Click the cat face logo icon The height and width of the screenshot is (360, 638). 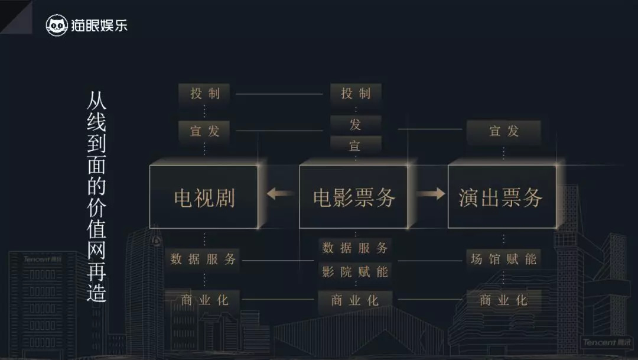tap(57, 25)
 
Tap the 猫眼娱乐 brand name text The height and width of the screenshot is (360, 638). tap(99, 25)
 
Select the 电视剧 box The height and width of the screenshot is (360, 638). tap(204, 197)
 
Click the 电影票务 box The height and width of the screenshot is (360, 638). tap(354, 197)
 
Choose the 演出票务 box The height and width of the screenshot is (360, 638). tap(502, 197)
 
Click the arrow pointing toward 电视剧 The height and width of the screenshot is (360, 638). tap(280, 193)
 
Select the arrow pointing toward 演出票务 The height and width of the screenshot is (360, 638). tap(429, 193)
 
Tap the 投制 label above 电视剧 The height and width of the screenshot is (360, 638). tap(205, 93)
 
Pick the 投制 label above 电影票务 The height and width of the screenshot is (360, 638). tap(356, 93)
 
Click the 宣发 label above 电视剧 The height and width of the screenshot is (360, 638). tap(205, 131)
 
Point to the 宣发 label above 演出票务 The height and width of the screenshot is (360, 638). tap(504, 131)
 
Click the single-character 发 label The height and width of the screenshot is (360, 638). tap(356, 124)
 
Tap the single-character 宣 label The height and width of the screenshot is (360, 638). tap(356, 145)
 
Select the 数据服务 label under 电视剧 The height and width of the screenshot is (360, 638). tap(203, 259)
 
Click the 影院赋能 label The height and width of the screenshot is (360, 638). tap(355, 271)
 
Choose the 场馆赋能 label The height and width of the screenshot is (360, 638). tap(503, 259)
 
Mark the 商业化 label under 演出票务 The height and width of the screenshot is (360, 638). tap(503, 300)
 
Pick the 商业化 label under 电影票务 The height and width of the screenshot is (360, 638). tap(355, 300)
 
